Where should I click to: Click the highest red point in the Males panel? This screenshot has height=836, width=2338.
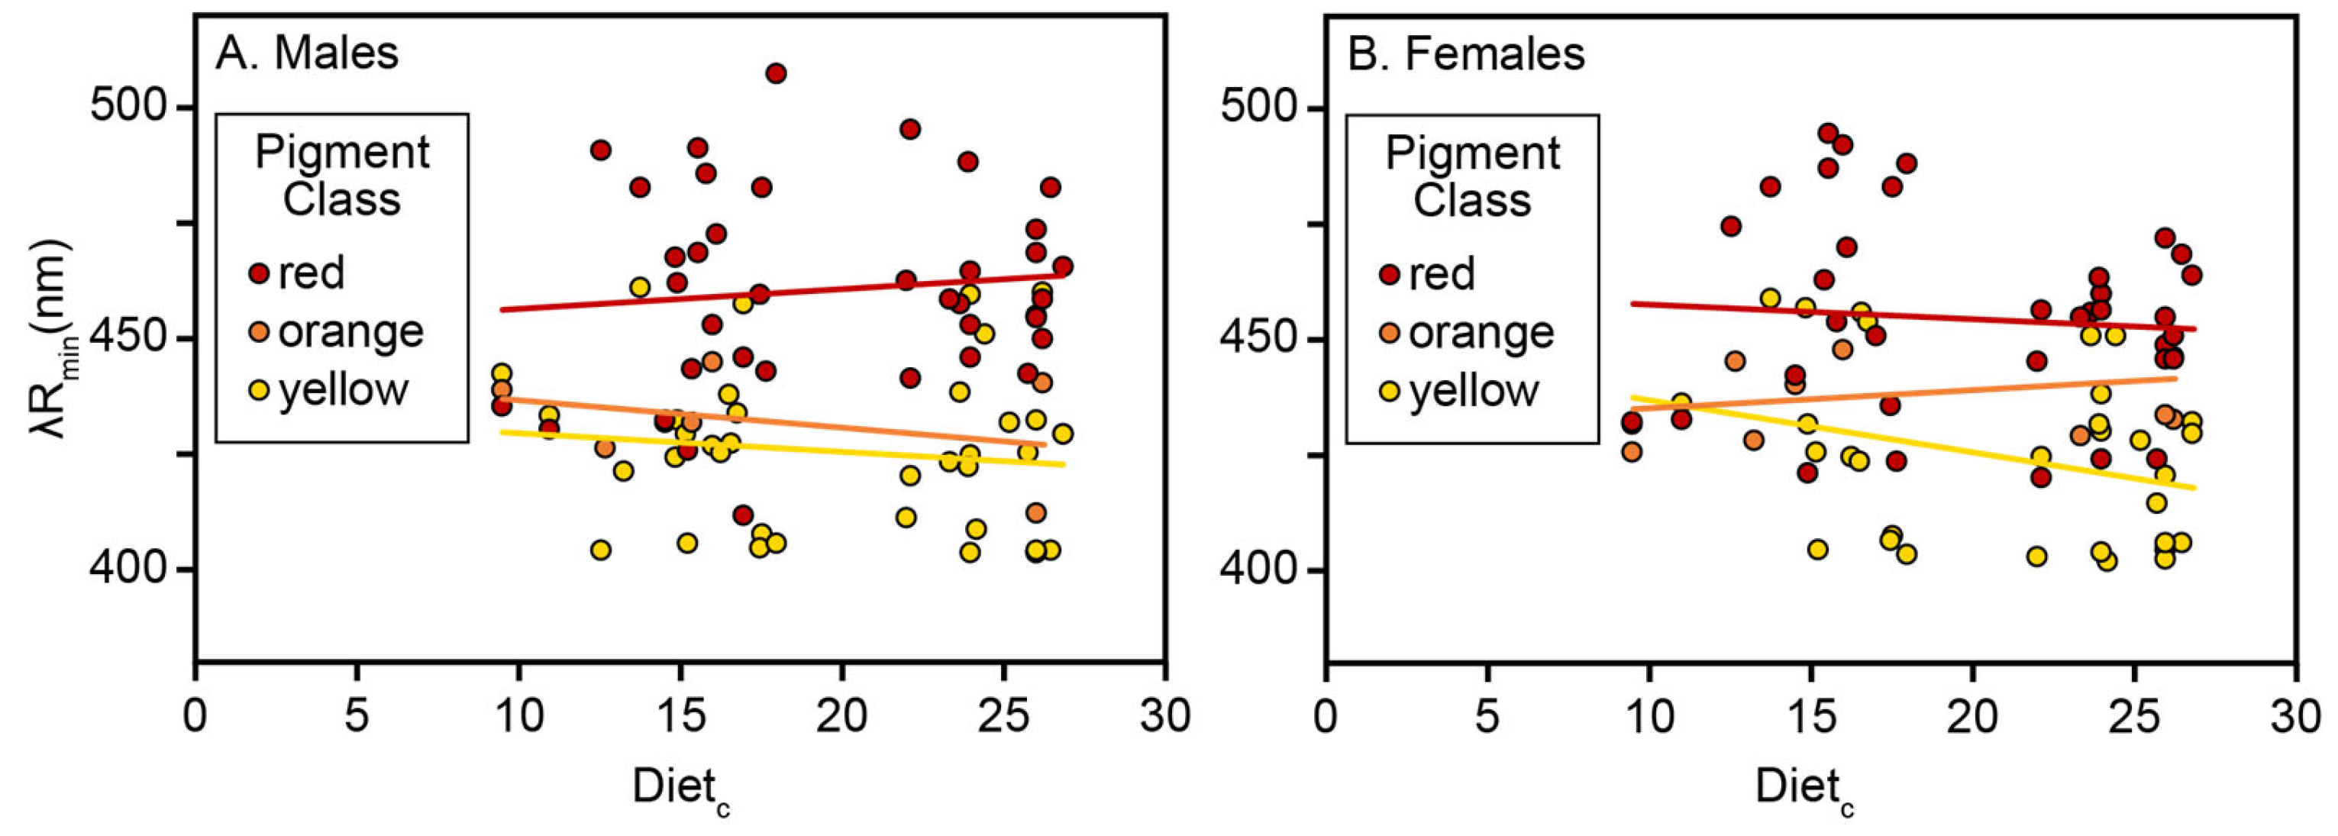click(775, 73)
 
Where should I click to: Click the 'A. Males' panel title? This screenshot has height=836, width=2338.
click(307, 53)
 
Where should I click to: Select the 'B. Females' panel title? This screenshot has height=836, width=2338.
click(1466, 54)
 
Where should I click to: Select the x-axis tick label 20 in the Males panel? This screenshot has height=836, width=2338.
click(841, 716)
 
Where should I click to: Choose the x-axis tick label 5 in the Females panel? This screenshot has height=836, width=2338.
click(1487, 716)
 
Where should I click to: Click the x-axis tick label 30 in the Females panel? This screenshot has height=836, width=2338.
click(2294, 716)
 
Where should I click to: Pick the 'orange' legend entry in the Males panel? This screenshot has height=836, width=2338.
click(350, 332)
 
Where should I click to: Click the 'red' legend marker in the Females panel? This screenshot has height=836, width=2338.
click(1389, 274)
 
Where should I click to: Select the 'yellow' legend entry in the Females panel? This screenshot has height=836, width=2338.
click(1473, 391)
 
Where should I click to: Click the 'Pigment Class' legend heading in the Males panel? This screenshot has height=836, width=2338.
click(341, 175)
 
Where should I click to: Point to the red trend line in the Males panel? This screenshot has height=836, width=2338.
click(780, 292)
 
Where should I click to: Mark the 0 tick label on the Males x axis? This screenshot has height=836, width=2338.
click(195, 716)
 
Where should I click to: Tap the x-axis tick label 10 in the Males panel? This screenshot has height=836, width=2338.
click(518, 716)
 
